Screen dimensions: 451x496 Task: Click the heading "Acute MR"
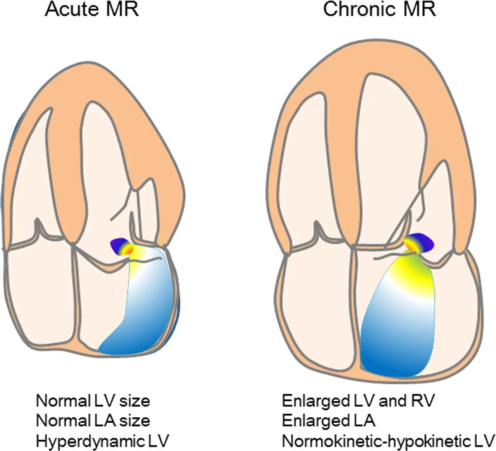tap(92, 10)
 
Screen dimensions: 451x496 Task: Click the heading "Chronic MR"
tap(379, 10)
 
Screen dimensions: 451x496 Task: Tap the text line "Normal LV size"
tap(93, 401)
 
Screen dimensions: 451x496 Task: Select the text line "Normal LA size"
tap(93, 420)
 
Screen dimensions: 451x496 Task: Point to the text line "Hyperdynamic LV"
tap(103, 441)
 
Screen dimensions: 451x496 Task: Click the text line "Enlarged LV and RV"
tap(358, 401)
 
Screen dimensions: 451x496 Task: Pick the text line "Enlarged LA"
tap(329, 420)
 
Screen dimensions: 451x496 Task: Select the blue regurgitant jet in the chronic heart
tap(391, 341)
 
